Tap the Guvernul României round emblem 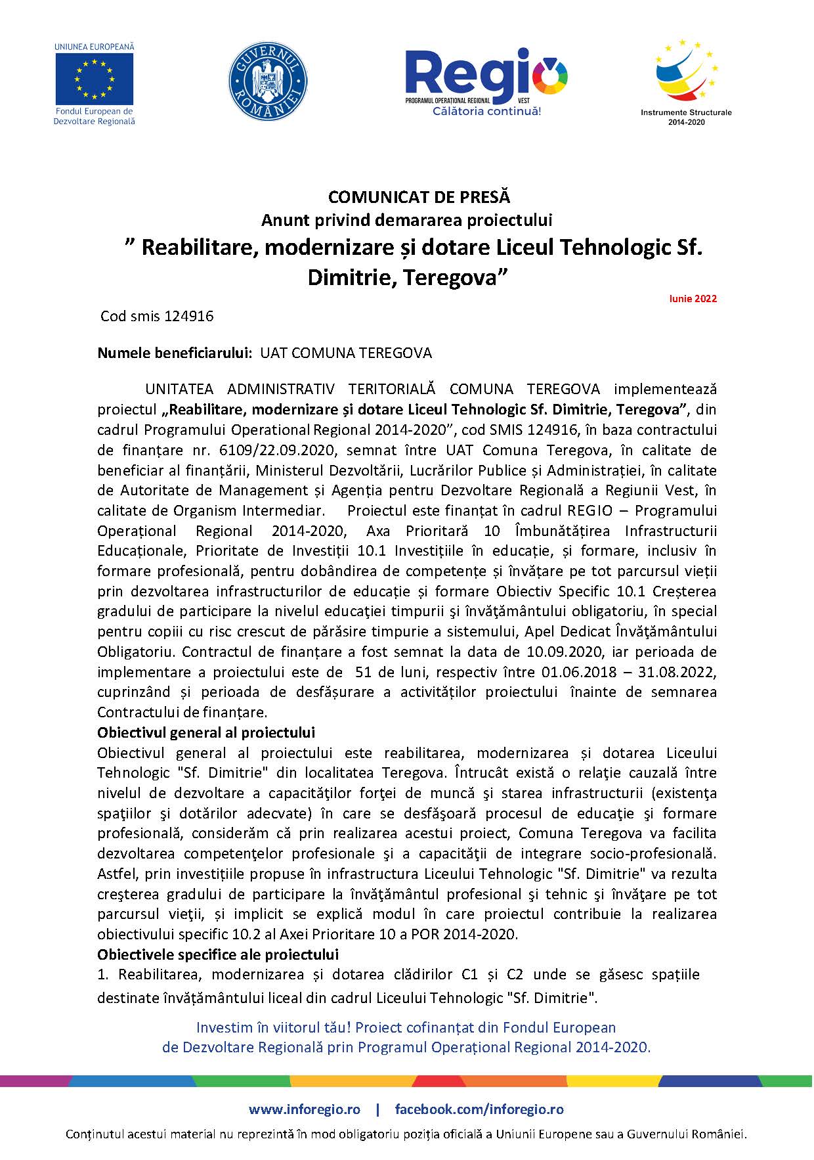(268, 81)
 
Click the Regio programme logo (486, 76)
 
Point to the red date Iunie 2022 (693, 299)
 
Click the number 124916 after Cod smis (190, 317)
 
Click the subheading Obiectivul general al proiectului (206, 732)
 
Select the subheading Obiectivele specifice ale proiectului (218, 954)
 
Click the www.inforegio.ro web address (305, 1109)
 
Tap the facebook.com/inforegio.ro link (479, 1109)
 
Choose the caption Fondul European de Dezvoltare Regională (95, 116)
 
